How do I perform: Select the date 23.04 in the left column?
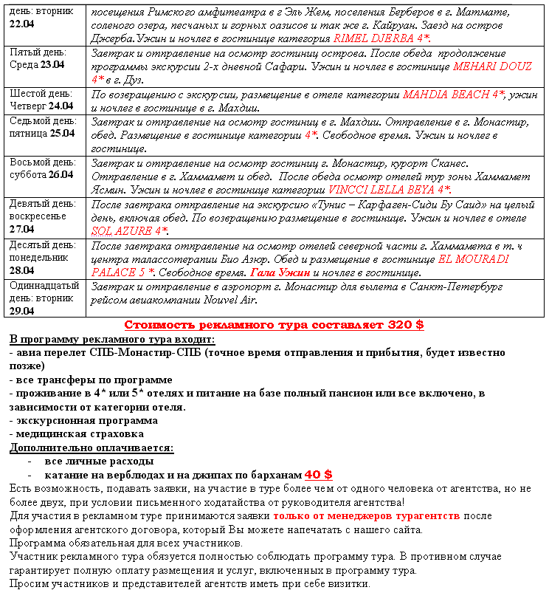(52, 64)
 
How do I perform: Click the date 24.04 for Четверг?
(60, 106)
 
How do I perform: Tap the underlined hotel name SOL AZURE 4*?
(129, 230)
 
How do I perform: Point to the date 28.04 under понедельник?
(21, 270)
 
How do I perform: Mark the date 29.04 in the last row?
(21, 310)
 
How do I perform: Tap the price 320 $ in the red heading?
(406, 325)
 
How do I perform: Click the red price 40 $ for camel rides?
(318, 474)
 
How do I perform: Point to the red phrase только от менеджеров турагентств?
(366, 515)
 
